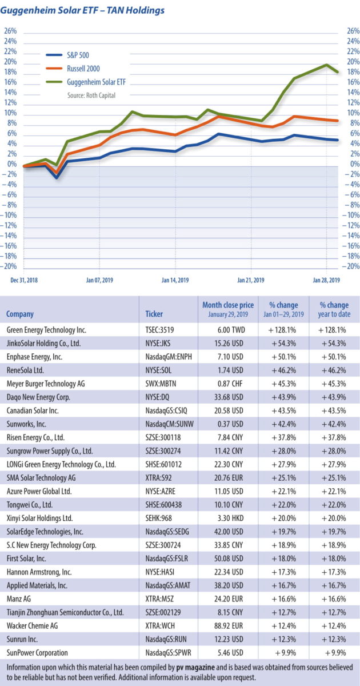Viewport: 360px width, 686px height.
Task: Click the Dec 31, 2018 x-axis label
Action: [23, 280]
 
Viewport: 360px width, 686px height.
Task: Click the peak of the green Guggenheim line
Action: [326, 65]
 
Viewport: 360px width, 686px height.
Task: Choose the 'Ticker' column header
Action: [154, 314]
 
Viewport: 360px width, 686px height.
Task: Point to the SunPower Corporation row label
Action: [38, 652]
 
